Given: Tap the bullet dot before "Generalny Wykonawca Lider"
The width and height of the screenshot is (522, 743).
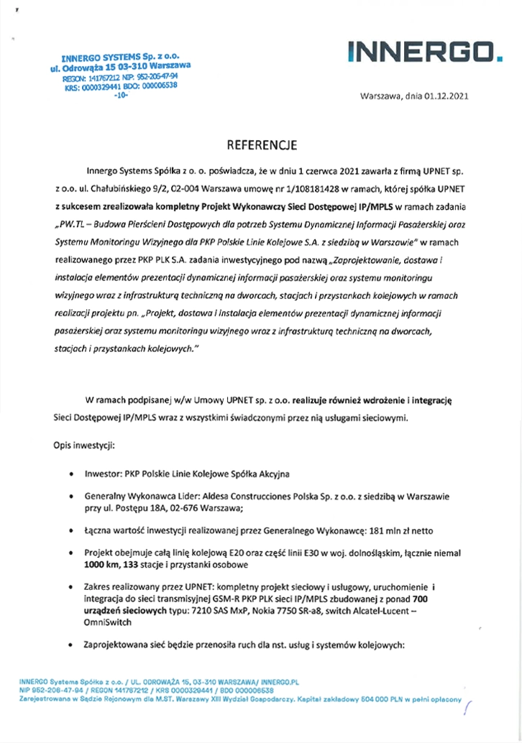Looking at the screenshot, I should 68,497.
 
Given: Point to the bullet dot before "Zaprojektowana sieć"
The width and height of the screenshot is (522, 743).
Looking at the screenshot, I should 68,646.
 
